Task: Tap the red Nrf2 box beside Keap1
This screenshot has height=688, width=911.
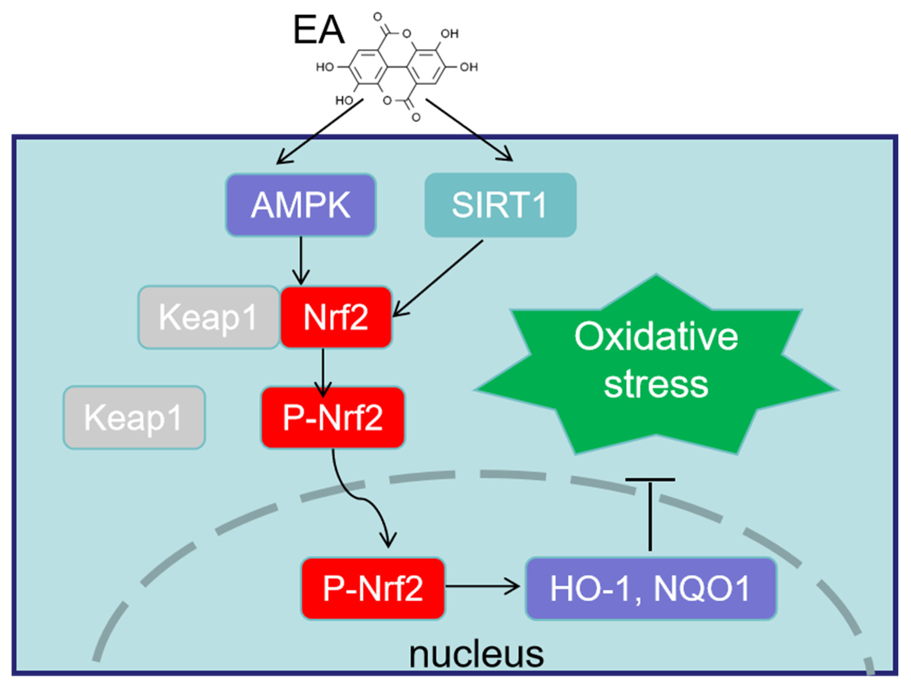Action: tap(336, 317)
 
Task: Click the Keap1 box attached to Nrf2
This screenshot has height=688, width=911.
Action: tap(209, 317)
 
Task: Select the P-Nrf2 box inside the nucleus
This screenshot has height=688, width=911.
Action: tap(373, 588)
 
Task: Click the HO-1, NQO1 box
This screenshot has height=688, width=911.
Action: tap(651, 588)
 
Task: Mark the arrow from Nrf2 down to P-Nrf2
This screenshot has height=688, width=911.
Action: tap(323, 371)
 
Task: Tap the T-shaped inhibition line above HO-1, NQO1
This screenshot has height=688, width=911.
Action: tap(650, 515)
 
